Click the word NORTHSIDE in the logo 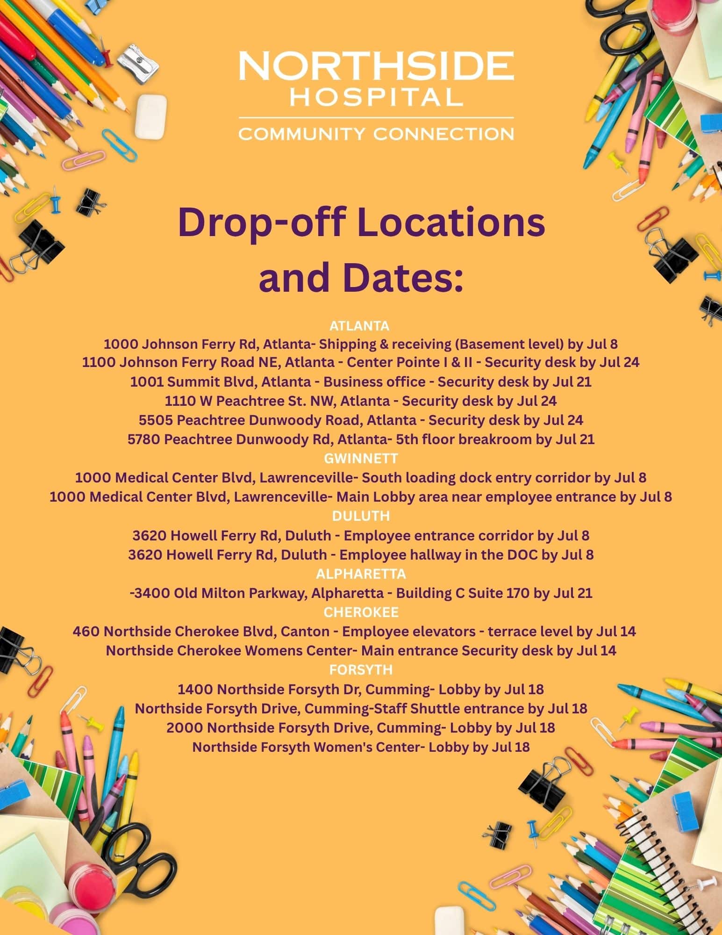(x=376, y=66)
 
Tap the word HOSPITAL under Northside (x=376, y=97)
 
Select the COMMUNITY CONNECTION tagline (x=376, y=134)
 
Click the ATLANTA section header (x=359, y=325)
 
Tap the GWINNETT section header (x=361, y=458)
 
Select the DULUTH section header (x=361, y=516)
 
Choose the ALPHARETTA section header (x=361, y=574)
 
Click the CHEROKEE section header (x=361, y=612)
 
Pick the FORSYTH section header (x=361, y=670)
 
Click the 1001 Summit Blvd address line (x=361, y=382)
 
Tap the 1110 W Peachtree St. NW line (x=361, y=401)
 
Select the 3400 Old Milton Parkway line (x=361, y=593)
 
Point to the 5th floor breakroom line (x=361, y=439)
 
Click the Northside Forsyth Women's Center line (x=361, y=747)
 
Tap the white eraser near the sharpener (x=150, y=116)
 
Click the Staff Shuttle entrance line (x=361, y=708)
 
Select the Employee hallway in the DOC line (x=361, y=555)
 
